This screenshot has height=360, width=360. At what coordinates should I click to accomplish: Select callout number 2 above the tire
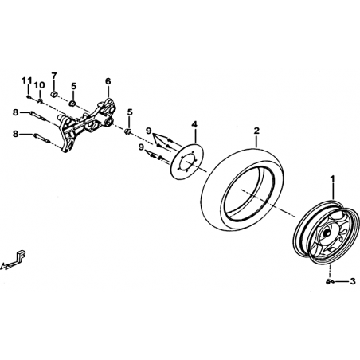pyautogui.click(x=256, y=131)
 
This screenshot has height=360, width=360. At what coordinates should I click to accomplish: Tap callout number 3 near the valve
pyautogui.click(x=353, y=281)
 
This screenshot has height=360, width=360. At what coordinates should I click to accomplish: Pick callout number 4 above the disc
pyautogui.click(x=195, y=124)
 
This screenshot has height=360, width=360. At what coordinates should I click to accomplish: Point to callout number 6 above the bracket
pyautogui.click(x=108, y=81)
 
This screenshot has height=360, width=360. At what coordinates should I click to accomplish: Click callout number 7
pyautogui.click(x=54, y=76)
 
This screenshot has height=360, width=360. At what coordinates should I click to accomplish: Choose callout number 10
pyautogui.click(x=40, y=85)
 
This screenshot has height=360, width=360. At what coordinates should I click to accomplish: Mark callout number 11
pyautogui.click(x=26, y=80)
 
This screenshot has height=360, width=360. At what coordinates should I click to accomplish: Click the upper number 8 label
pyautogui.click(x=16, y=112)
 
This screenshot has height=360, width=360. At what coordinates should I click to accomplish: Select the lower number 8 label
pyautogui.click(x=16, y=135)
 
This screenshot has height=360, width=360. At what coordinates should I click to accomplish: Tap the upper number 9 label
pyautogui.click(x=148, y=131)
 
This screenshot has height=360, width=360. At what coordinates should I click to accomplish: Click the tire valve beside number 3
pyautogui.click(x=329, y=281)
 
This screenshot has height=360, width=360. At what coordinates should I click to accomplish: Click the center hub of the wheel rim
pyautogui.click(x=326, y=233)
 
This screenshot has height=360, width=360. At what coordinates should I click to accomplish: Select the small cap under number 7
pyautogui.click(x=54, y=94)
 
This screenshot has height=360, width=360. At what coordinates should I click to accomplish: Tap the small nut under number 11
pyautogui.click(x=28, y=96)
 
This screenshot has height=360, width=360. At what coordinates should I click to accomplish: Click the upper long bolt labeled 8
pyautogui.click(x=39, y=116)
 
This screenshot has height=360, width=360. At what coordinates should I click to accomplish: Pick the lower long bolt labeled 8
pyautogui.click(x=41, y=139)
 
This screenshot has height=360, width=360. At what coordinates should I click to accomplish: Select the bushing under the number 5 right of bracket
pyautogui.click(x=128, y=131)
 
